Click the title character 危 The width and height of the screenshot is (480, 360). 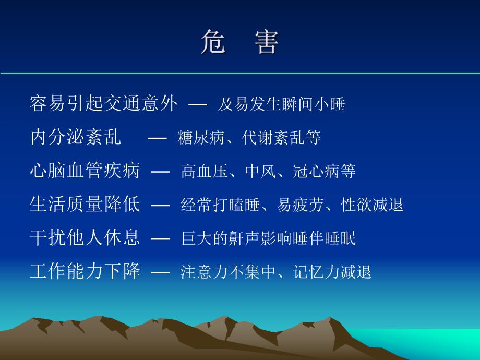[x=213, y=42]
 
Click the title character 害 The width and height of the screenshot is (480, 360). [x=267, y=42]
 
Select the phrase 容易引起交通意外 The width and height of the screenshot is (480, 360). [x=103, y=104]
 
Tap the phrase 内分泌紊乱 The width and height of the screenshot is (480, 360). [x=76, y=137]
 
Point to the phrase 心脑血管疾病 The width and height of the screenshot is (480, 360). [x=85, y=171]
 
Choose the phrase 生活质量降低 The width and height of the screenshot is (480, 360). [x=85, y=204]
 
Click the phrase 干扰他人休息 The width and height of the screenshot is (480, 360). [x=85, y=238]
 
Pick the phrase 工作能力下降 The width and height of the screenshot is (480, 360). [x=85, y=271]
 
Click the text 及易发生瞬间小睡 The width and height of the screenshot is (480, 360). [x=281, y=104]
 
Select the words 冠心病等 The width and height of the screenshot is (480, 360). [x=324, y=171]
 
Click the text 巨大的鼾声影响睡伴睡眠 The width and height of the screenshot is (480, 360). [x=268, y=238]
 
